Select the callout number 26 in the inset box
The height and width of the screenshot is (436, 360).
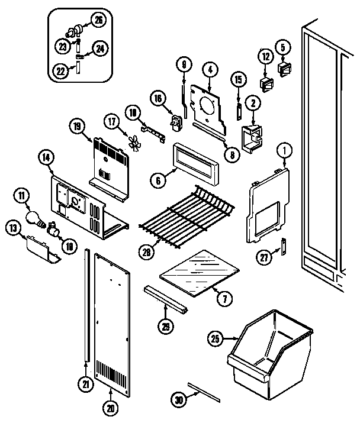click(x=99, y=20)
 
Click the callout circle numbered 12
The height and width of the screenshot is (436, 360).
click(x=264, y=57)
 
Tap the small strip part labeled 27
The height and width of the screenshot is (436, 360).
click(x=284, y=244)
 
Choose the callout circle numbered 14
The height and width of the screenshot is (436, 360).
click(x=46, y=157)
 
